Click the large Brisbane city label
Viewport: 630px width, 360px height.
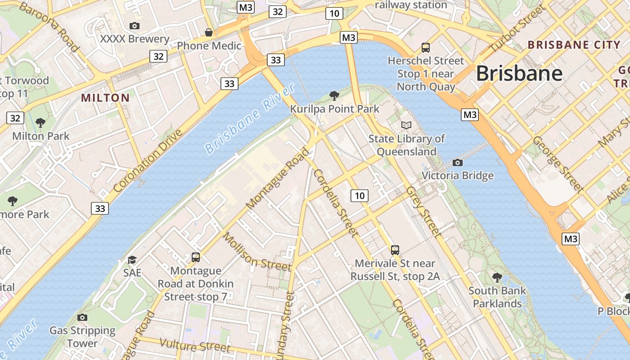[x=519, y=73]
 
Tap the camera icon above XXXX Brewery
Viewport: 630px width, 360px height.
[x=134, y=26]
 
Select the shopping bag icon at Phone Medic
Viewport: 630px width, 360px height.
[x=209, y=33]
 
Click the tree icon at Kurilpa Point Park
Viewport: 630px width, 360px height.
[x=334, y=95]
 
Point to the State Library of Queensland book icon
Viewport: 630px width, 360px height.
[x=406, y=125]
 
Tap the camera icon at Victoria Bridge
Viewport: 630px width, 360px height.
[x=457, y=162]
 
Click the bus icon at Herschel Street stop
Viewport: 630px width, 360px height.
[x=425, y=47]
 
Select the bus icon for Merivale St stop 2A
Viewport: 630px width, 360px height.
[x=395, y=250]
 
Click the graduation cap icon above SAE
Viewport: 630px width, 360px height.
[x=132, y=260]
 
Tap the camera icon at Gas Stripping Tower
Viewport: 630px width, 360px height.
[x=82, y=317]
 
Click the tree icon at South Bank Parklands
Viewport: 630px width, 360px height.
[x=497, y=277]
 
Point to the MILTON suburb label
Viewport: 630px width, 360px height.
[x=105, y=98]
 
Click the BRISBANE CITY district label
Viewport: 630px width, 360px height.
[x=574, y=45]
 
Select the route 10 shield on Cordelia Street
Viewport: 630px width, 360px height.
[x=359, y=195]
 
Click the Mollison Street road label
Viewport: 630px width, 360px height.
[x=256, y=252]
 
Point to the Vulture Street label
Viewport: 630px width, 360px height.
[x=194, y=346]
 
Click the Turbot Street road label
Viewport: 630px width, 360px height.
[x=517, y=29]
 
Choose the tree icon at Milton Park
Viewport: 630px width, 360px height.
[x=40, y=122]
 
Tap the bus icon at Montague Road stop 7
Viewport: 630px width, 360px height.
[x=195, y=257]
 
